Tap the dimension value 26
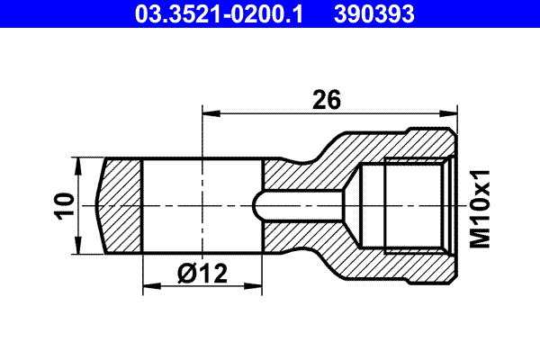(326, 99)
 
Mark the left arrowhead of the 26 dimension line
(209, 113)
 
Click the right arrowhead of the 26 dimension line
(447, 113)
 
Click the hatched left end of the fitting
(121, 205)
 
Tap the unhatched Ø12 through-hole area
(202, 205)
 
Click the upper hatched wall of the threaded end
(405, 144)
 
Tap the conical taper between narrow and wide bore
(352, 204)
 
